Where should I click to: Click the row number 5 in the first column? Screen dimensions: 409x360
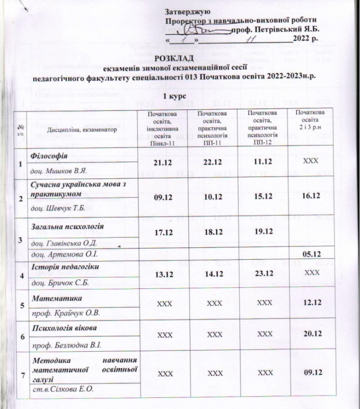coord(21,305)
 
